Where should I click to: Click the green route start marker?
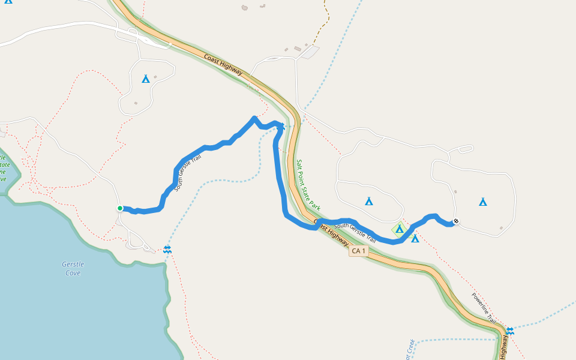(120, 208)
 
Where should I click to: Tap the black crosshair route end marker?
(456, 221)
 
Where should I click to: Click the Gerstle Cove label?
(73, 268)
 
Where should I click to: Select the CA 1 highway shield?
(359, 251)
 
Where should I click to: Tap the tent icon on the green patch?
(400, 229)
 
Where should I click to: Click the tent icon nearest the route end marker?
(483, 202)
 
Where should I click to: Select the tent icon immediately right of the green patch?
(415, 238)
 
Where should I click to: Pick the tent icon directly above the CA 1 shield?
(369, 201)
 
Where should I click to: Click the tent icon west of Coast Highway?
(145, 79)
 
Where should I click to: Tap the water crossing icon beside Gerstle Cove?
(167, 249)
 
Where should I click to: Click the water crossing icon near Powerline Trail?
(509, 331)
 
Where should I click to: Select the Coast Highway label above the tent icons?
(223, 65)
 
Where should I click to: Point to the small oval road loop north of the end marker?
(466, 149)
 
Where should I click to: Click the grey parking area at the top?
(310, 52)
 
